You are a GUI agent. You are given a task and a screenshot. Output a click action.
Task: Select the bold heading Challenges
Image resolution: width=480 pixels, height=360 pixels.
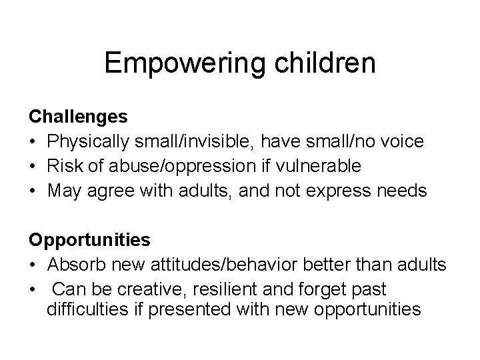point(78,117)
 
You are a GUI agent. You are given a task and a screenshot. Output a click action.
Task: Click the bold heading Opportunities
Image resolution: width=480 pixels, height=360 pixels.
point(89,238)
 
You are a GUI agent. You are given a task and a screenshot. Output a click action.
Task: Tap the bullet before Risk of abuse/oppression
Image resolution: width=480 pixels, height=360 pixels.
point(33,165)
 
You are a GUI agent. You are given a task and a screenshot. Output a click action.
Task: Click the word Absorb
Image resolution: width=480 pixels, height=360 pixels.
point(73,266)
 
